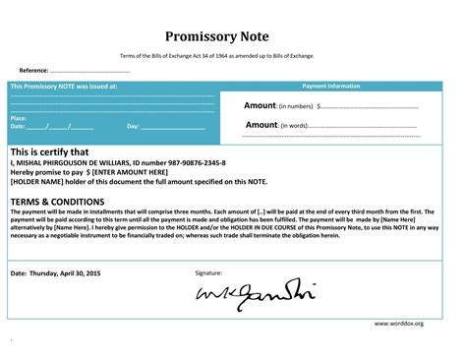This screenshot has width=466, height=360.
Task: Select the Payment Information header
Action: (330, 86)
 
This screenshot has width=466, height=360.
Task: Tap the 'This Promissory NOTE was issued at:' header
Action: (64, 86)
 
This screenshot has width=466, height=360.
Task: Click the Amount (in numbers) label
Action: (278, 105)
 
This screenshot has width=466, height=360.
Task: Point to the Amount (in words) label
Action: (276, 125)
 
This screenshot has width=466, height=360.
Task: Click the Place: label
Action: (19, 118)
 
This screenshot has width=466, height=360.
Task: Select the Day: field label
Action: (134, 127)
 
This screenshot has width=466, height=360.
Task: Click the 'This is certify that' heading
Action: (49, 152)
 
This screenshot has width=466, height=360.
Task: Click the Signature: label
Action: (208, 271)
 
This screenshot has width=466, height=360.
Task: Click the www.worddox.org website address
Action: (398, 323)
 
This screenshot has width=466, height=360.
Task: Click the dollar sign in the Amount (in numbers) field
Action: (319, 106)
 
